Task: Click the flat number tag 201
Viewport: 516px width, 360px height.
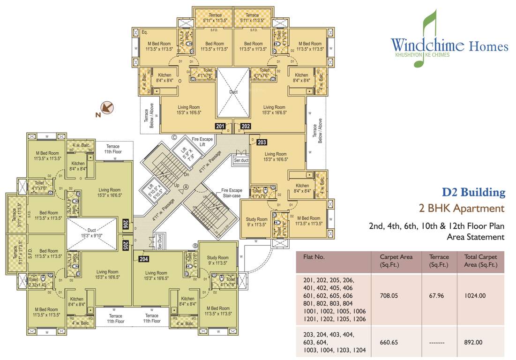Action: (220, 126)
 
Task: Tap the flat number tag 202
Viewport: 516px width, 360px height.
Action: (246, 126)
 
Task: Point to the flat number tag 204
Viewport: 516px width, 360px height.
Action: (143, 258)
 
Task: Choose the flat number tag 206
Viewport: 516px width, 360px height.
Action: (126, 225)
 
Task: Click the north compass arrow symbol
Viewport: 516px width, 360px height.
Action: (107, 108)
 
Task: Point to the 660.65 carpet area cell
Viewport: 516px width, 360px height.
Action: (389, 342)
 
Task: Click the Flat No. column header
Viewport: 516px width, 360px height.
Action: (314, 257)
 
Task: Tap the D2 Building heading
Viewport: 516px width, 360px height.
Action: (474, 192)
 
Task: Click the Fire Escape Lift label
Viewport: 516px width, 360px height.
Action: (202, 142)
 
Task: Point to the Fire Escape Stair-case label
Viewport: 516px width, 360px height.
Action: (232, 193)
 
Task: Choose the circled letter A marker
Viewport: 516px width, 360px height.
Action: (186, 186)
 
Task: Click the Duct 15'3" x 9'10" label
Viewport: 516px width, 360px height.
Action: (91, 232)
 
